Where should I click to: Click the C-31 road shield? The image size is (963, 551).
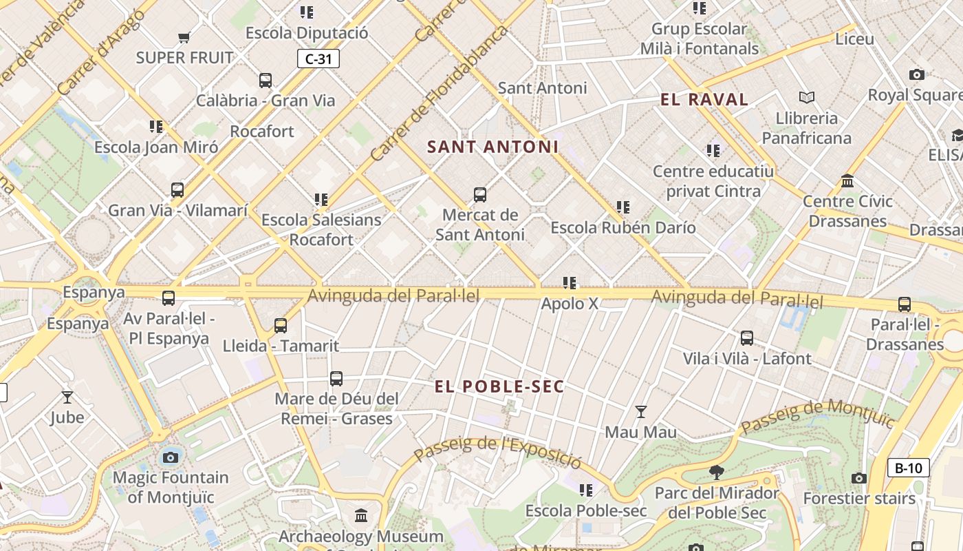tap(318, 59)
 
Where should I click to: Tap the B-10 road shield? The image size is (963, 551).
tap(908, 468)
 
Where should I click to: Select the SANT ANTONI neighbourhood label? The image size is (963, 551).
tap(493, 147)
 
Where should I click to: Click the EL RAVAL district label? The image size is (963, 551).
tap(704, 99)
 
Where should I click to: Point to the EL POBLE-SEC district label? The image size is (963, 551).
tap(499, 386)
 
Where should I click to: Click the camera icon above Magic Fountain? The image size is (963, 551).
tap(170, 457)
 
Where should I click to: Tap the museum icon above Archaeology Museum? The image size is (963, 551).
tap(361, 515)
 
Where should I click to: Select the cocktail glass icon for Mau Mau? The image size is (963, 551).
tap(641, 412)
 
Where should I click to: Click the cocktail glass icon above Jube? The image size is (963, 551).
tap(67, 397)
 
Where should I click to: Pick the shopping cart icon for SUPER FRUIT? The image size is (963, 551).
tap(184, 37)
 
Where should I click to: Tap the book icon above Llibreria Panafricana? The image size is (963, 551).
tap(807, 98)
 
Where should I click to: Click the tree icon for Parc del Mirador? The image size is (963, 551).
tap(717, 472)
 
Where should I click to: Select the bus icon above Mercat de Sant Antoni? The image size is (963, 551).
tap(480, 195)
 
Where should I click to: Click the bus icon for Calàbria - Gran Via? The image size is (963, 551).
tap(266, 80)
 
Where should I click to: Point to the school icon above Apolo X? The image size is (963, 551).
tap(570, 283)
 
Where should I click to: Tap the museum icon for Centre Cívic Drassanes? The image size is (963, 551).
tap(847, 181)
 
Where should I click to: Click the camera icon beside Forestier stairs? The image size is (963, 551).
tap(858, 478)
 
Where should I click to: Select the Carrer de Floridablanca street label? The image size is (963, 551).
tap(438, 94)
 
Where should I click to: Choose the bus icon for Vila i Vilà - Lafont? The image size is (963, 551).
tap(747, 338)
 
